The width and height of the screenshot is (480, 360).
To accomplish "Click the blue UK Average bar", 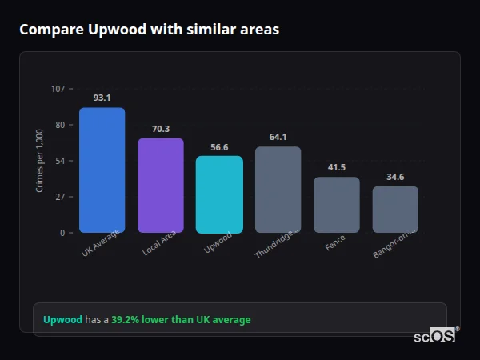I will point(102,170).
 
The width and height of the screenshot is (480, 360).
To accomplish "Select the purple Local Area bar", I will point(161,185).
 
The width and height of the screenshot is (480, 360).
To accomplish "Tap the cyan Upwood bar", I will point(219,194).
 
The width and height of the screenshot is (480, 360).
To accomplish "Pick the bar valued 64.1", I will point(278,190).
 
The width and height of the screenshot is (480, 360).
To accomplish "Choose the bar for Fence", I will point(336,205).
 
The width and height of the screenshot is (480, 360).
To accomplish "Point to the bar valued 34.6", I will point(395,210).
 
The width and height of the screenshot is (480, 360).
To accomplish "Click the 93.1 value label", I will point(102,98).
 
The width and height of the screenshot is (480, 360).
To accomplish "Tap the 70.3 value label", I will point(161,129).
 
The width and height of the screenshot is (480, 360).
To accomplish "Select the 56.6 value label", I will point(219,147).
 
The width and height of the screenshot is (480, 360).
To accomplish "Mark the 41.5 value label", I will point(336,167).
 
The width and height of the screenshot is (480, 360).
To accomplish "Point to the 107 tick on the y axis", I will point(58,89).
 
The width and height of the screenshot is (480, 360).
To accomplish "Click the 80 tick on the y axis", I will point(59,125).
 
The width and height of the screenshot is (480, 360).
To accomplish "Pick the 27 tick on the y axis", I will point(59,197).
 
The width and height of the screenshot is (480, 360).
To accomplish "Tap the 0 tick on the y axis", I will point(62,233).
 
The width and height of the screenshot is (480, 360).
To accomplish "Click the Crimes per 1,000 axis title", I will point(40,161).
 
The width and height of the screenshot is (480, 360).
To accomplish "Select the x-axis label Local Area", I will point(160,244).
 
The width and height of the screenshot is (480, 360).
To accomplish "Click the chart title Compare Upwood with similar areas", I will point(150,30).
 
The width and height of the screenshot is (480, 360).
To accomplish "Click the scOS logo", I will point(434,336).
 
